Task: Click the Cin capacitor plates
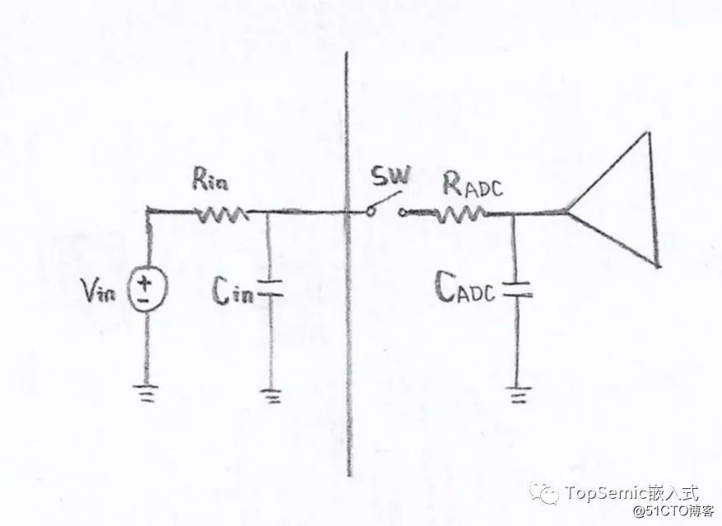pos(271,289)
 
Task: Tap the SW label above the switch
pos(389,175)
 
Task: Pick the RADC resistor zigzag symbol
pos(458,216)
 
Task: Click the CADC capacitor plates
pos(515,290)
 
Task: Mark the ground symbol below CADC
pos(517,396)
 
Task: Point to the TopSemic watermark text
pos(631,492)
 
